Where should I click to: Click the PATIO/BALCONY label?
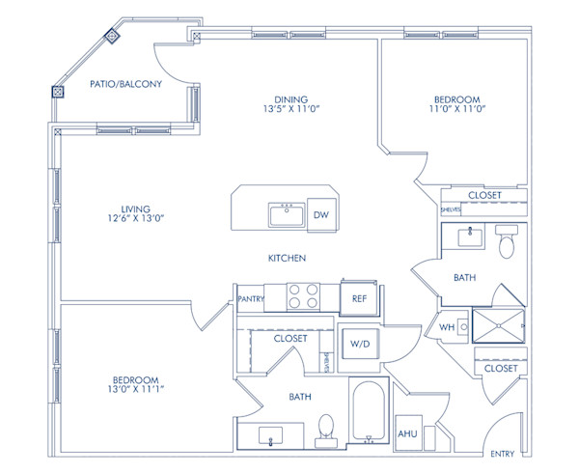click(x=125, y=85)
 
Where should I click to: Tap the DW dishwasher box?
click(x=321, y=215)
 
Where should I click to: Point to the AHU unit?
click(x=408, y=433)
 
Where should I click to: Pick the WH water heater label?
click(x=447, y=327)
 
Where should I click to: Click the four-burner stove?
click(x=304, y=295)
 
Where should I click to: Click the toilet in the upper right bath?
click(x=507, y=245)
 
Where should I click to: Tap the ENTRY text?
click(x=503, y=454)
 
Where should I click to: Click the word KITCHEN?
click(x=288, y=259)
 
